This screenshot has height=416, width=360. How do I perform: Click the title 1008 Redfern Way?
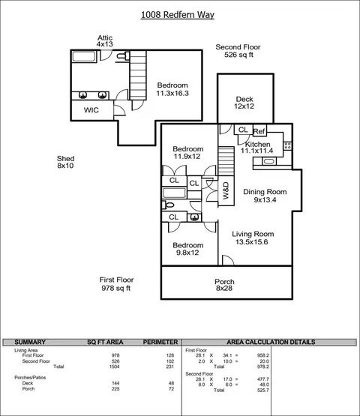[x=177, y=15]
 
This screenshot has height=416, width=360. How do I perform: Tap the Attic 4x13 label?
[x=104, y=41]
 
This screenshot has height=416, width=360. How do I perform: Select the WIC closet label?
[x=91, y=110]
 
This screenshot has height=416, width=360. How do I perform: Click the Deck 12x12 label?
[x=244, y=103]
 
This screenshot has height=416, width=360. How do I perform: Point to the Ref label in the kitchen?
[x=259, y=131]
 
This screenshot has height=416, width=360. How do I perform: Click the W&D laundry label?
[x=226, y=190]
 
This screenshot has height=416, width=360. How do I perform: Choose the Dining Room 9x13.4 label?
[x=265, y=196]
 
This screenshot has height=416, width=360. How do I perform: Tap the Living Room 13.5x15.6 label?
[x=253, y=238]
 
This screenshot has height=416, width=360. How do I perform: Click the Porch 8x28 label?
[x=224, y=285]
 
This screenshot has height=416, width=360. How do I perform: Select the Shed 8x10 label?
[x=65, y=162]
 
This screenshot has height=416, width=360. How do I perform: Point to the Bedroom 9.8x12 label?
[x=188, y=249]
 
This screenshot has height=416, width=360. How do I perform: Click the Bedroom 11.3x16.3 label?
[x=172, y=89]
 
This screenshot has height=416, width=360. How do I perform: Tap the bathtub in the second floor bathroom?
[x=84, y=56]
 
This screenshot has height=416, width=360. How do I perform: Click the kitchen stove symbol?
[x=287, y=145]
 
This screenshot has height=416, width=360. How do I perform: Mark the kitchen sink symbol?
[x=269, y=161]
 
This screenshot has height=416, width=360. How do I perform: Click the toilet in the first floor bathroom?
[x=168, y=205]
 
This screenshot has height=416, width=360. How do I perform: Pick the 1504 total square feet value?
[x=115, y=367]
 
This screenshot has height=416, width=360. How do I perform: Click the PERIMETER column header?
[x=160, y=342]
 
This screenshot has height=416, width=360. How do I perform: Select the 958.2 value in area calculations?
[x=263, y=355]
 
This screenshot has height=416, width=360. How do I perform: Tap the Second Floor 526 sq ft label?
[x=238, y=51]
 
